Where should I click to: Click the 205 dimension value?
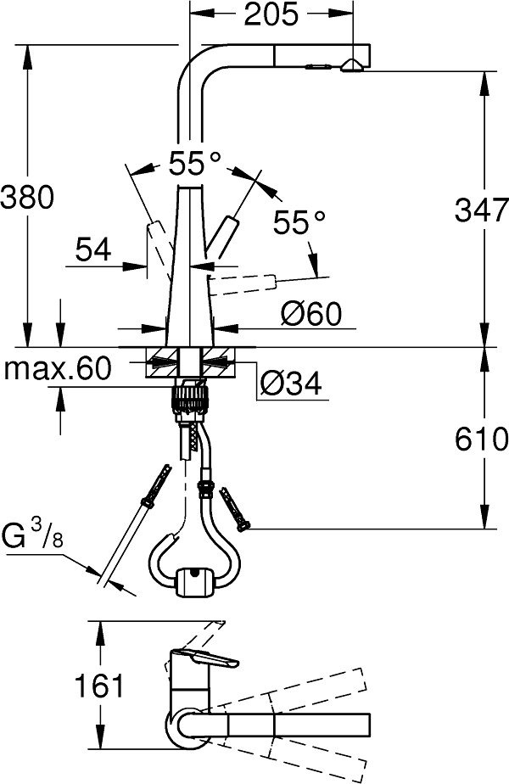pos(271,14)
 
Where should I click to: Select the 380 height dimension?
pos(26,197)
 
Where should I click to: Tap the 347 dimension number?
pos(482,210)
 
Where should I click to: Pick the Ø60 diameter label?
pos(311,313)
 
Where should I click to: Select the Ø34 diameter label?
pos(292,384)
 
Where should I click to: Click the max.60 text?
pos(57,369)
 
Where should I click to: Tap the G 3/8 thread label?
pos(32,535)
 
